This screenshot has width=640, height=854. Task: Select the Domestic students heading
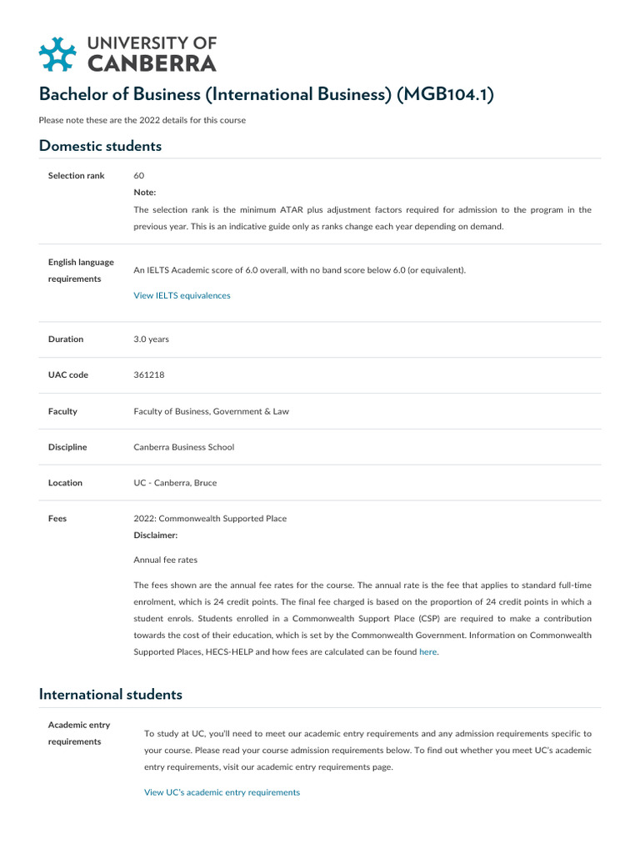click(x=100, y=146)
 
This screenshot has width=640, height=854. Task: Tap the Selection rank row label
click(x=77, y=176)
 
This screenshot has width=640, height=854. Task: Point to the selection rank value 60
click(x=139, y=176)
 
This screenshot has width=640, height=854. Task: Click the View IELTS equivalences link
click(x=182, y=295)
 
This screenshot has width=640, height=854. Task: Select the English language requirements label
click(x=81, y=270)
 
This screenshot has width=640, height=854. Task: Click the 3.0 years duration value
click(x=151, y=339)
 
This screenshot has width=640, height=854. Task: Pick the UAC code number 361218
click(x=149, y=375)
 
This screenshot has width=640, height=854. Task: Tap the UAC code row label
click(x=68, y=375)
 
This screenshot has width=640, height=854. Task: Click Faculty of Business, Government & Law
click(x=211, y=411)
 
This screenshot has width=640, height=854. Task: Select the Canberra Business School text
click(x=183, y=447)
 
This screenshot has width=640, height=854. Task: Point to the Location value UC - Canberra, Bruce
click(x=175, y=483)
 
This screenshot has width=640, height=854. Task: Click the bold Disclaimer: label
click(x=156, y=535)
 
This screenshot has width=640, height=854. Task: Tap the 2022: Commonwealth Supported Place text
click(x=210, y=519)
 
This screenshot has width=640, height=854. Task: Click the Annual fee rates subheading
click(x=165, y=560)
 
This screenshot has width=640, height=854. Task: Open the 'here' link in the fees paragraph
click(x=427, y=651)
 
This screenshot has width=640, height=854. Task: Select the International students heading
click(x=110, y=694)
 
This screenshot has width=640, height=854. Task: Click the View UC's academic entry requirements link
click(x=222, y=792)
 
